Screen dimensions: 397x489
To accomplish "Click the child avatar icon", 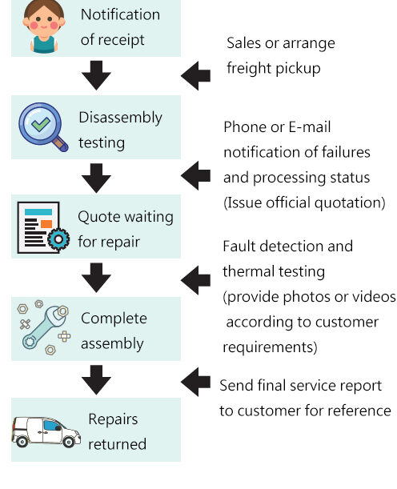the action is click(44, 26).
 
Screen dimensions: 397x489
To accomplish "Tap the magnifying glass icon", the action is click(43, 127).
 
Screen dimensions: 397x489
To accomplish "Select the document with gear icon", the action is click(43, 227).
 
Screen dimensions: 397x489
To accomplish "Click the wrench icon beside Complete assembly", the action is click(44, 327).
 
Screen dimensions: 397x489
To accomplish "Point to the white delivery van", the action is click(46, 432).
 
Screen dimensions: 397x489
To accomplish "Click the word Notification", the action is click(120, 14).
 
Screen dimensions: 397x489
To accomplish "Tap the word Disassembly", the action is click(120, 118).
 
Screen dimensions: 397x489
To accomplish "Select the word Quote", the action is click(97, 216).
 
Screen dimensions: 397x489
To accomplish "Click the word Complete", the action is click(114, 319).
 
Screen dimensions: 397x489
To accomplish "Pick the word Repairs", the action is click(113, 419).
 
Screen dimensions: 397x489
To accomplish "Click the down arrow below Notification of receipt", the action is click(96, 75).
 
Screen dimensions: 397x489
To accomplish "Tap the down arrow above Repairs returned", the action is click(96, 380).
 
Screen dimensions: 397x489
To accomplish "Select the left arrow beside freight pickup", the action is click(195, 76).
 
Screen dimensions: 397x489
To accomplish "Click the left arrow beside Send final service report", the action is click(195, 382).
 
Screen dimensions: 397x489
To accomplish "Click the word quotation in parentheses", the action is click(350, 202).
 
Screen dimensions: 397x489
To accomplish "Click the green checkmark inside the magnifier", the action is click(41, 124).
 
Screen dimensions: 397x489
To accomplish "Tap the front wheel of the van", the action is click(68, 442).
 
